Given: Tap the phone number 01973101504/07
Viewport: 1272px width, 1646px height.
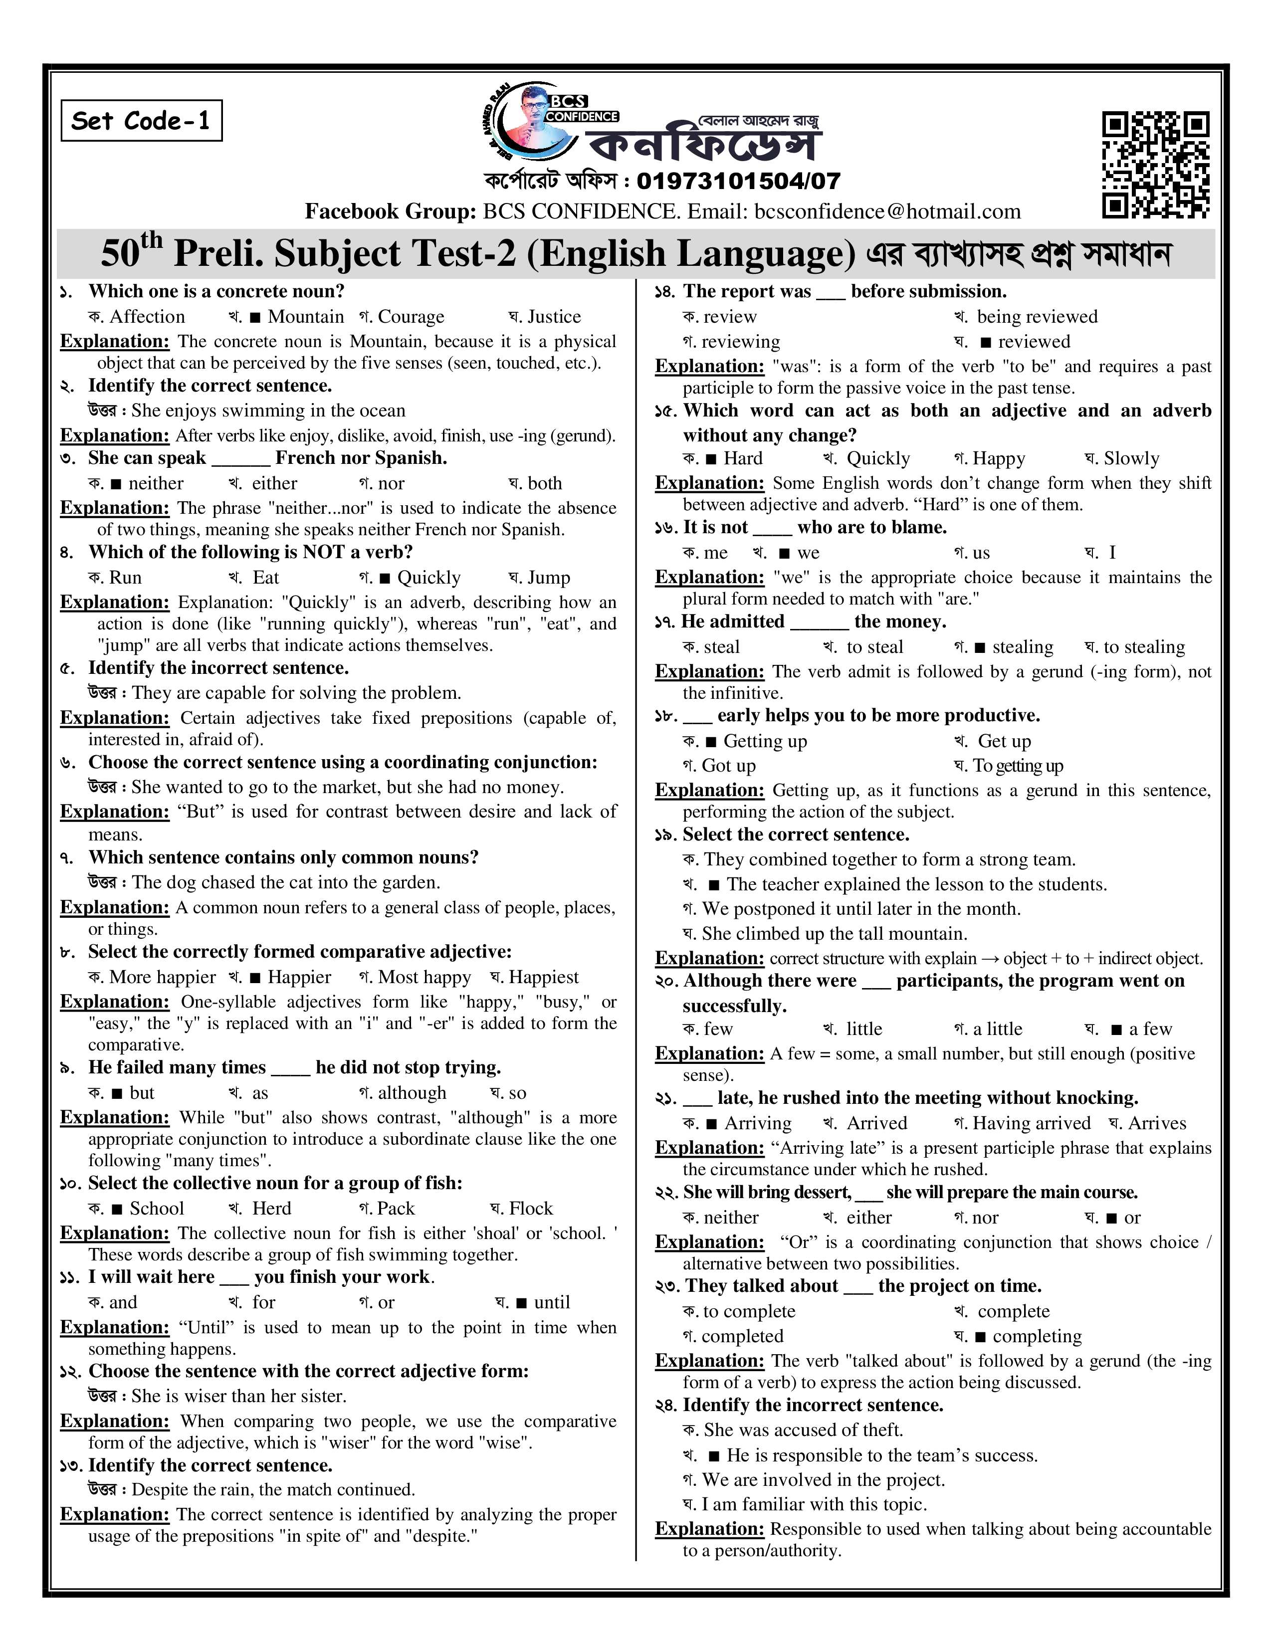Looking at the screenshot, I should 738,181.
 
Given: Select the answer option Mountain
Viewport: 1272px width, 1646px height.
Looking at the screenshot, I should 305,317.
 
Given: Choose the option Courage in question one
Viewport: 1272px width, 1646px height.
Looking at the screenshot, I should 411,317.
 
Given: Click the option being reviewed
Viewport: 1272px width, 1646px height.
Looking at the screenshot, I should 1036,317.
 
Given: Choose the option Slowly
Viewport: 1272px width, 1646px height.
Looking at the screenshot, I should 1130,458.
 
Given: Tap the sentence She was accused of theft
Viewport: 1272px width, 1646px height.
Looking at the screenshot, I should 803,1430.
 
